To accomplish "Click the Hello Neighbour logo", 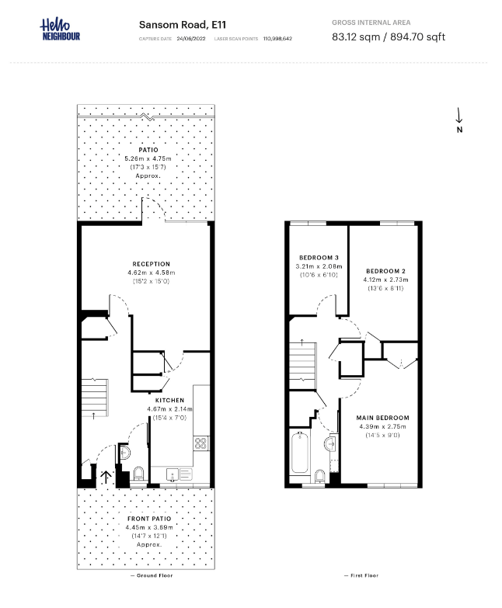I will tap(60, 30).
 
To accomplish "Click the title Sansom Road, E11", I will tap(172, 24).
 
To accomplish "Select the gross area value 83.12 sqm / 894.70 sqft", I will tap(389, 36).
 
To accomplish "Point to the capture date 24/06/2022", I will tap(190, 38).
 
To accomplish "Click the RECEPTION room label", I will tap(151, 264).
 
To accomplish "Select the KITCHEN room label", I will tap(169, 401).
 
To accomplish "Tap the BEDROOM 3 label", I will tap(319, 258).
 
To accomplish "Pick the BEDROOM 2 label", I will tap(386, 271).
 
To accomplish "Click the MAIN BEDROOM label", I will tap(382, 418).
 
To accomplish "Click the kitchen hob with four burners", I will tap(200, 444).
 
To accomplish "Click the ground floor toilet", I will tap(138, 474).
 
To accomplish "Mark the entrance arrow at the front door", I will tap(106, 476).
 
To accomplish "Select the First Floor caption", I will tap(361, 575).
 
